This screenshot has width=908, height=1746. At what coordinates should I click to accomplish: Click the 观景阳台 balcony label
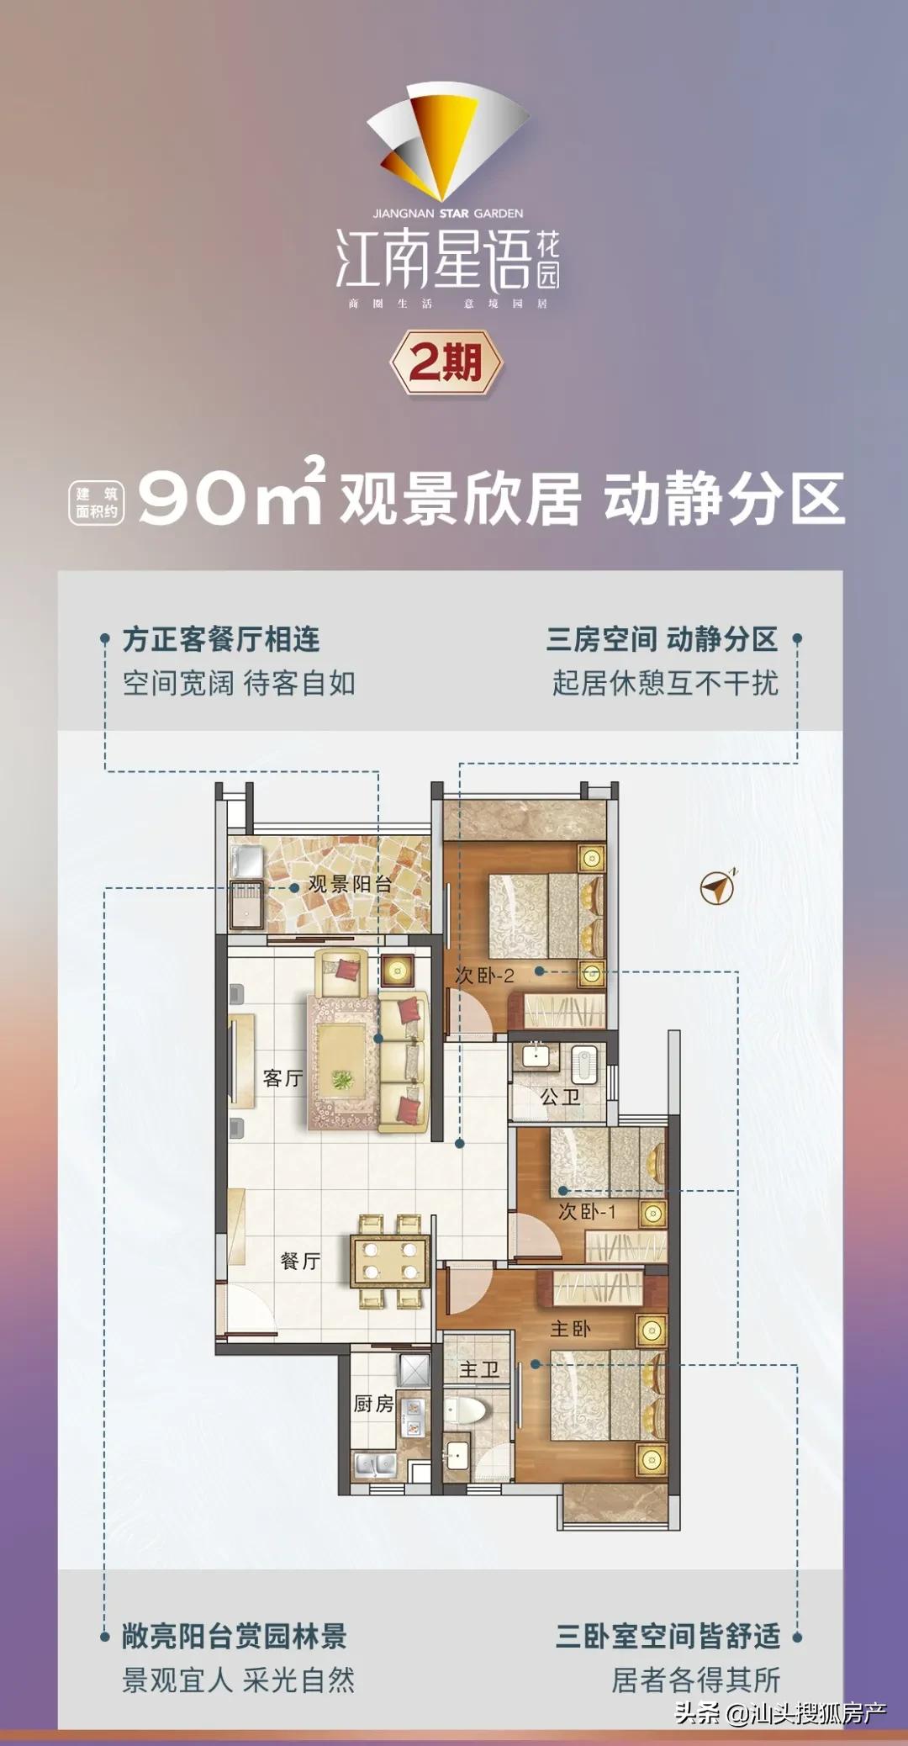(x=350, y=884)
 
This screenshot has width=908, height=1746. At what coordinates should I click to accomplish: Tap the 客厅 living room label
(x=282, y=1078)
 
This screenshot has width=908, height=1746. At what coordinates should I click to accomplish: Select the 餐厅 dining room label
(x=300, y=1261)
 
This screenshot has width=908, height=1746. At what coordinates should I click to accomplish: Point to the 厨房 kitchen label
(x=373, y=1403)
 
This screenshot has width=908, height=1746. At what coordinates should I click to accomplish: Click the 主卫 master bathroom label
(x=479, y=1370)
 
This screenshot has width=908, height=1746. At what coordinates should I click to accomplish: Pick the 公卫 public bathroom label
(x=560, y=1097)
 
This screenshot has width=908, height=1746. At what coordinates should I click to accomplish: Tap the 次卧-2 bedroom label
(x=484, y=976)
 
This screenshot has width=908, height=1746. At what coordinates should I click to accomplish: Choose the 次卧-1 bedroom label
(x=587, y=1212)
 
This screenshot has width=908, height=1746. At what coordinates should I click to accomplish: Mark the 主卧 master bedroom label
(x=570, y=1329)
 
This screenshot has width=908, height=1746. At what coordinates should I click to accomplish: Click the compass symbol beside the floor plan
(x=718, y=887)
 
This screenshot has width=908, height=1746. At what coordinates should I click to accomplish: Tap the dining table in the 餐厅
(x=389, y=1260)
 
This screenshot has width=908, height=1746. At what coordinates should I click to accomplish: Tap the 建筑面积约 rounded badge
(x=97, y=503)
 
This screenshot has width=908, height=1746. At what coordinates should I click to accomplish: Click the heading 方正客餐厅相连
(x=221, y=639)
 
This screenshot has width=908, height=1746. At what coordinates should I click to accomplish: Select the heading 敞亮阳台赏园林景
(x=235, y=1636)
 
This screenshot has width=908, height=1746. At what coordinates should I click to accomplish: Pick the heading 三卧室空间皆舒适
(x=668, y=1636)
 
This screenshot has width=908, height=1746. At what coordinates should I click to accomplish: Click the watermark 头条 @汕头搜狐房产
(x=780, y=1712)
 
